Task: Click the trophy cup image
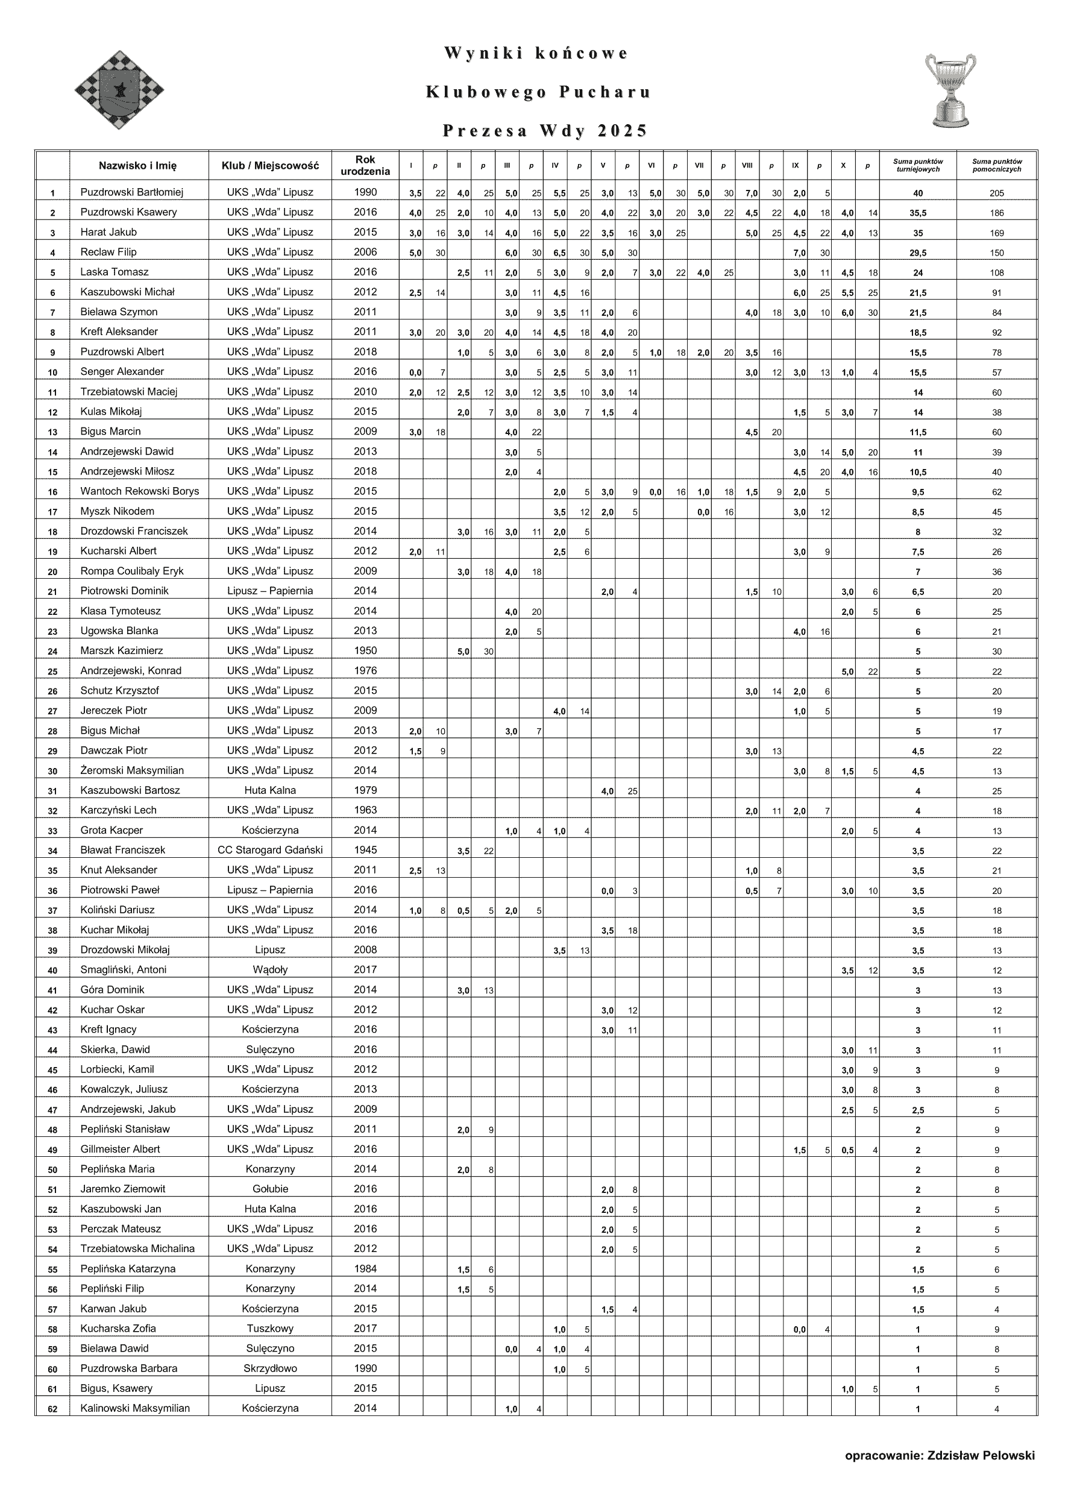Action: click(950, 90)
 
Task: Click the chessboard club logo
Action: click(119, 90)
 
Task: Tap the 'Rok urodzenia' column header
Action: click(365, 165)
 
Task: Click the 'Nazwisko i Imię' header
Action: click(138, 165)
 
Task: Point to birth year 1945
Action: click(365, 849)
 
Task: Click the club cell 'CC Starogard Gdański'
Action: click(269, 849)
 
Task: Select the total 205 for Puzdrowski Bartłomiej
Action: click(996, 193)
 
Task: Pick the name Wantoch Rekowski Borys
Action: click(139, 491)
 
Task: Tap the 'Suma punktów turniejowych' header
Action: click(917, 165)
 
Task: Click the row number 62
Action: click(52, 1409)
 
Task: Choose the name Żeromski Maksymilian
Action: click(132, 770)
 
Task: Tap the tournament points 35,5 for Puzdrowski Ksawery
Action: click(917, 213)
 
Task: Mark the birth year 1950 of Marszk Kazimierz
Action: click(365, 650)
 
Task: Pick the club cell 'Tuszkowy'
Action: click(269, 1328)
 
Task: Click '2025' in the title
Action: click(622, 131)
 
